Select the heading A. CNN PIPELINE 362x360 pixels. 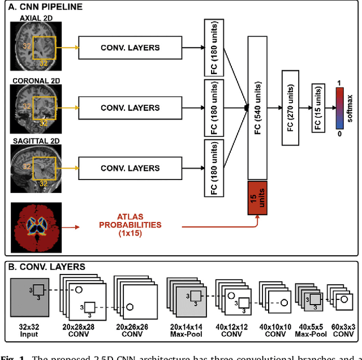[46, 7]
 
